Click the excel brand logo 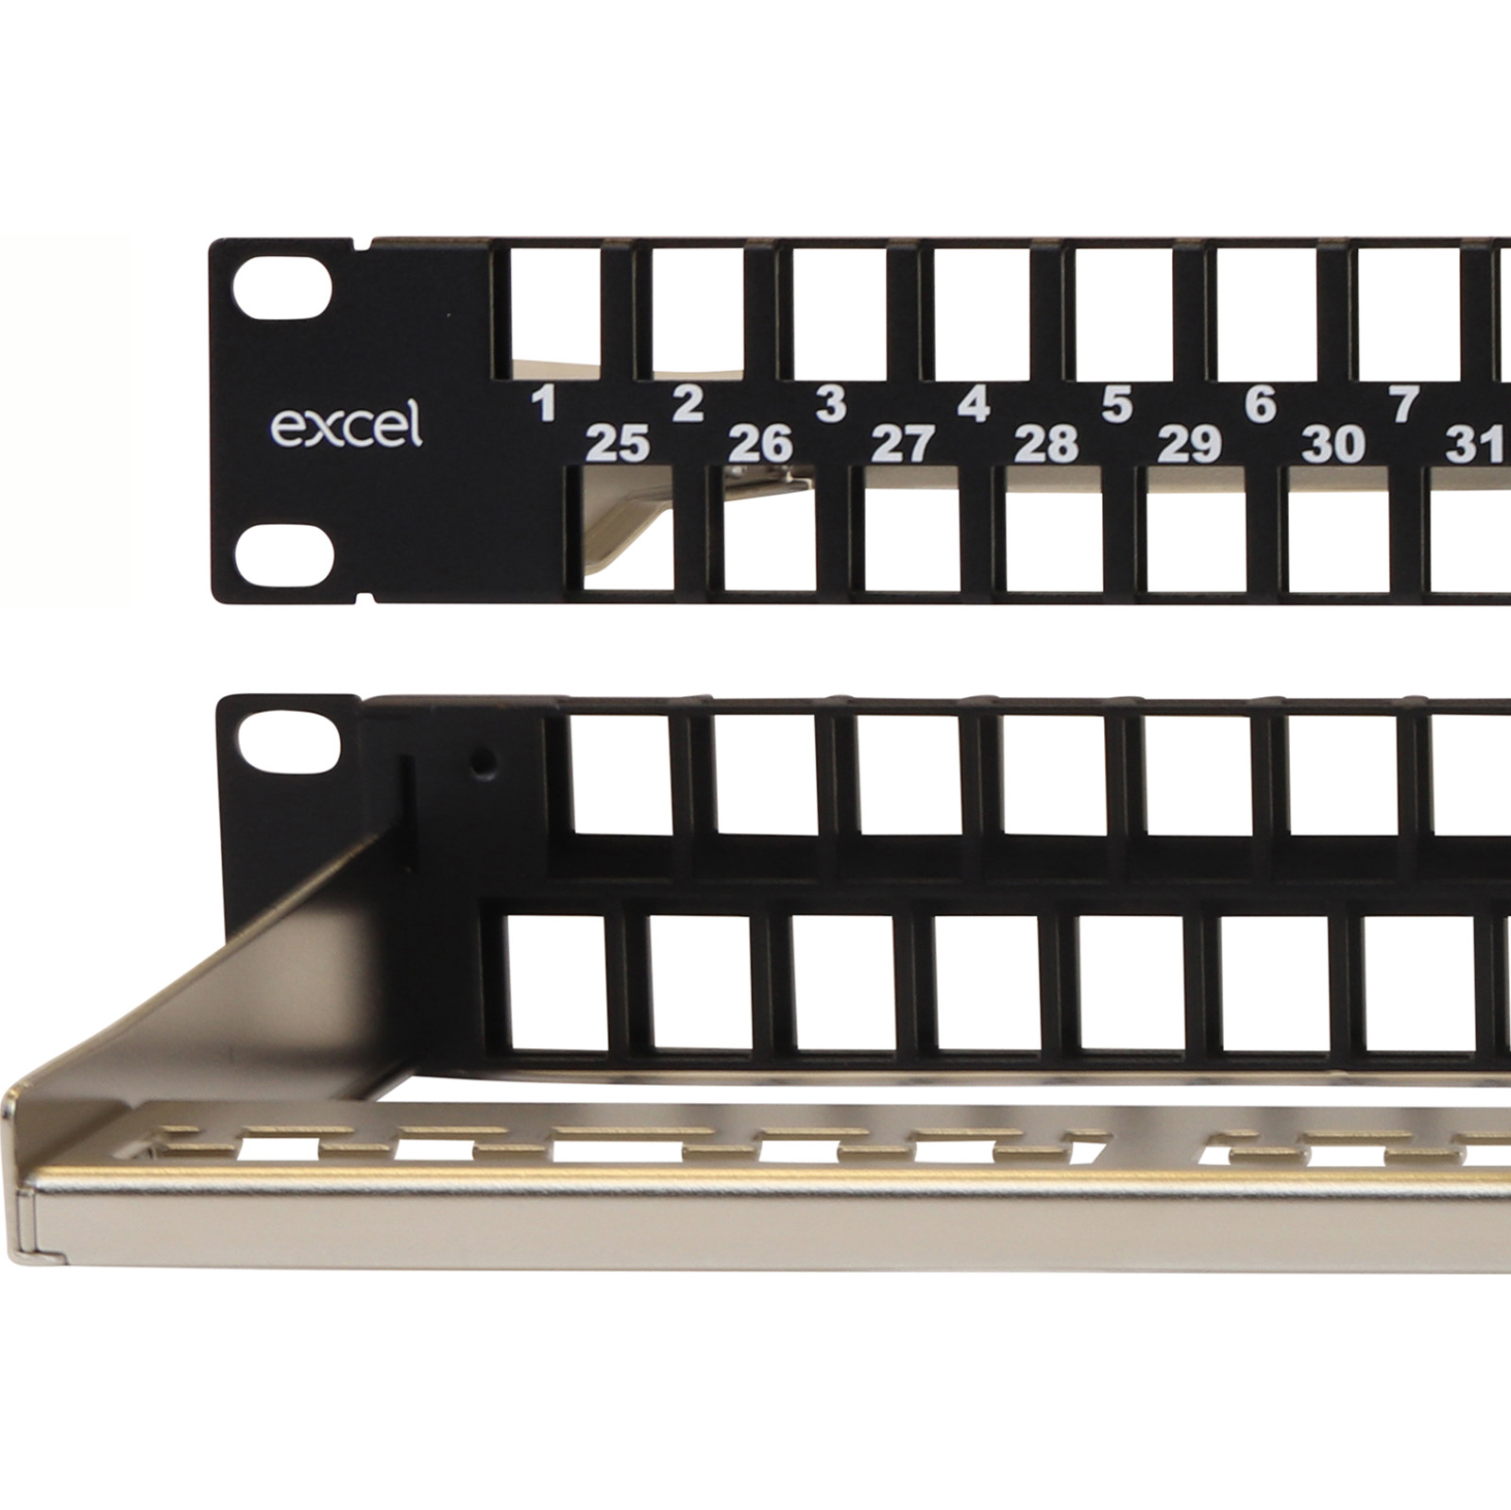[346, 426]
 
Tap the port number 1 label [543, 404]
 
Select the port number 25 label [619, 443]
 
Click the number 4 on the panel [974, 404]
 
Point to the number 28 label [1046, 443]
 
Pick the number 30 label [1333, 443]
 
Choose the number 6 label [1261, 404]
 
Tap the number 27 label [904, 443]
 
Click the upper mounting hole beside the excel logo [284, 290]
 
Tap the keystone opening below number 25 [626, 529]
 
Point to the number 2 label [688, 404]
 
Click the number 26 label [761, 443]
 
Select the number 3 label [830, 404]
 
